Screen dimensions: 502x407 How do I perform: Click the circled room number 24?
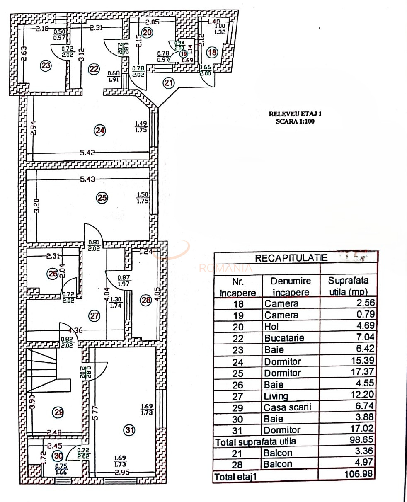click(100, 131)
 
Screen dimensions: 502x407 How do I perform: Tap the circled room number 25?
click(102, 198)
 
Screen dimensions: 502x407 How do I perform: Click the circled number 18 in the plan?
click(212, 53)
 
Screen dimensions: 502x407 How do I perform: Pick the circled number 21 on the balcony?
click(168, 83)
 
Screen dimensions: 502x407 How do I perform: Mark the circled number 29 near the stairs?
click(58, 412)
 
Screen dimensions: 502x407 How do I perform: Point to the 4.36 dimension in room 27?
click(75, 331)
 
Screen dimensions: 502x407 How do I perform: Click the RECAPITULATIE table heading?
click(291, 258)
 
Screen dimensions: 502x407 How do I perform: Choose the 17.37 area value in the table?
click(359, 373)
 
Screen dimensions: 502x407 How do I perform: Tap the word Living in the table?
click(276, 396)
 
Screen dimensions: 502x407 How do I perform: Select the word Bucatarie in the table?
click(284, 338)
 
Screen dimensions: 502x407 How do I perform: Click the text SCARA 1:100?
click(295, 122)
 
